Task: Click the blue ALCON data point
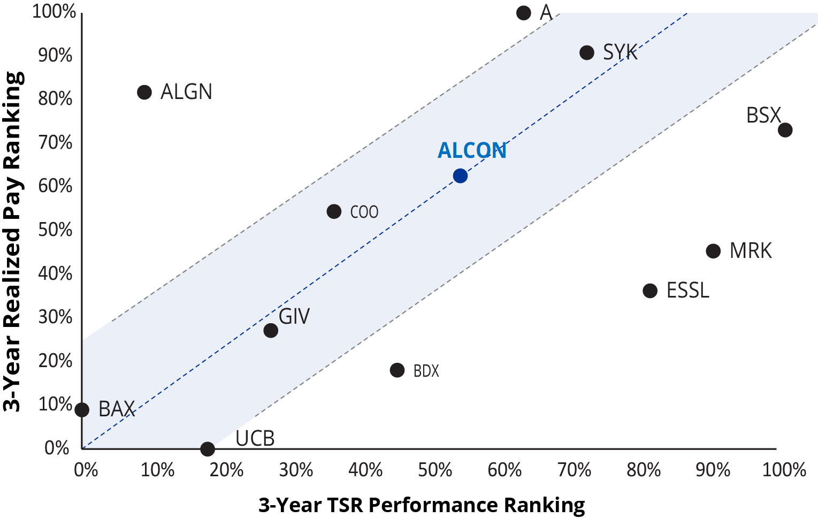tap(460, 176)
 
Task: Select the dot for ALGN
tap(144, 92)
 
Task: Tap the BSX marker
tap(785, 129)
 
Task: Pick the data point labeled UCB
tap(208, 448)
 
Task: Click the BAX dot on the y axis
tap(82, 410)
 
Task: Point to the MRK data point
tap(713, 251)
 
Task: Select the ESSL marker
tap(650, 291)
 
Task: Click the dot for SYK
tap(587, 52)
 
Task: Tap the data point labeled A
tap(524, 13)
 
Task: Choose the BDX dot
tap(397, 370)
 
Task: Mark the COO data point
tap(334, 211)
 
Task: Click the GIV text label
tap(294, 316)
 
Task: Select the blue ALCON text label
tap(472, 150)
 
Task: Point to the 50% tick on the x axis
tap(435, 470)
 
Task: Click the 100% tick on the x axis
tap(784, 470)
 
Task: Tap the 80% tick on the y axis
tap(55, 98)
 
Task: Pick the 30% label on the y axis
tap(55, 317)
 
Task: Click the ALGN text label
tap(186, 92)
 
